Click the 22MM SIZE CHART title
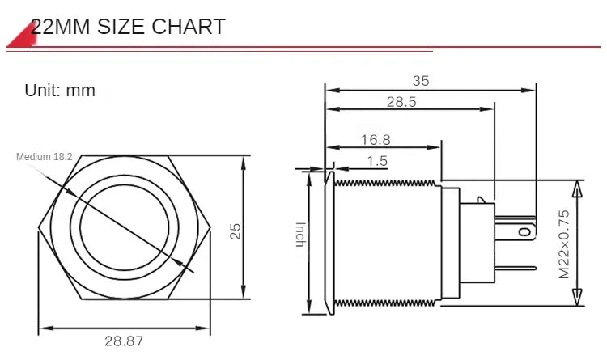point(128,27)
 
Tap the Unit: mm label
point(60,91)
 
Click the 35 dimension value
point(421,81)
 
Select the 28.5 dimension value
point(401,101)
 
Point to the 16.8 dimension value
point(376,139)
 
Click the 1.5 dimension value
point(377,161)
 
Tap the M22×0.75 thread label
point(564,244)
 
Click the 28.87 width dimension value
point(124,341)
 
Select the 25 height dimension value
point(235,231)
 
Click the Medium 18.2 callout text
point(45,157)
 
